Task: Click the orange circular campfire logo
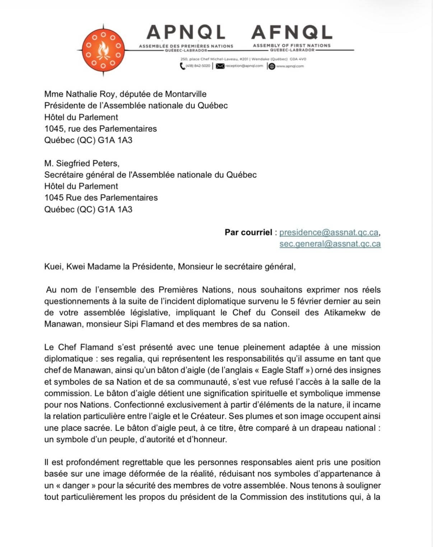point(103,51)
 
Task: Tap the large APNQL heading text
point(186,33)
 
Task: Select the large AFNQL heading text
point(292,33)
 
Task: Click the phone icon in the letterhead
point(182,66)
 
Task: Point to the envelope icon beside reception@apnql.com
point(220,66)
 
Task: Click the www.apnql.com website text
point(290,66)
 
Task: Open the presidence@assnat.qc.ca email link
point(329,233)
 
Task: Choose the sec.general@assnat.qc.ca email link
point(330,244)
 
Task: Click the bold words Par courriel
point(248,233)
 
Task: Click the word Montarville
point(186,95)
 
